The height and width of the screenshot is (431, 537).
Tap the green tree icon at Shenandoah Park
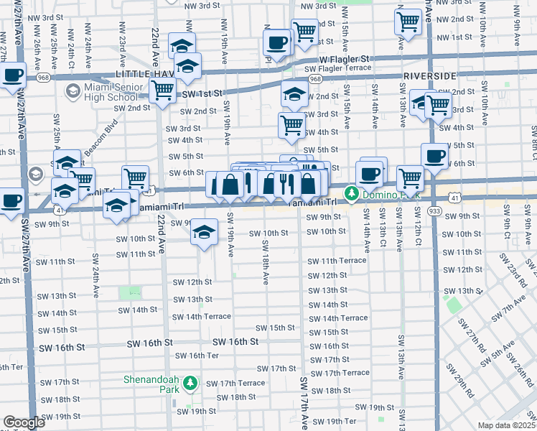pos(190,384)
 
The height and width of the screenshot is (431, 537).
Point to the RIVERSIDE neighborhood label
pos(430,75)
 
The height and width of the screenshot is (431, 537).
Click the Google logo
pos(24,422)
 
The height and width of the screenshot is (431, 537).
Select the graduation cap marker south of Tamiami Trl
pos(205,233)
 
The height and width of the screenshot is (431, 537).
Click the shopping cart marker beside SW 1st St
pos(163,91)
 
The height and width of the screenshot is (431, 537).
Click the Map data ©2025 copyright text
pos(507,425)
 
